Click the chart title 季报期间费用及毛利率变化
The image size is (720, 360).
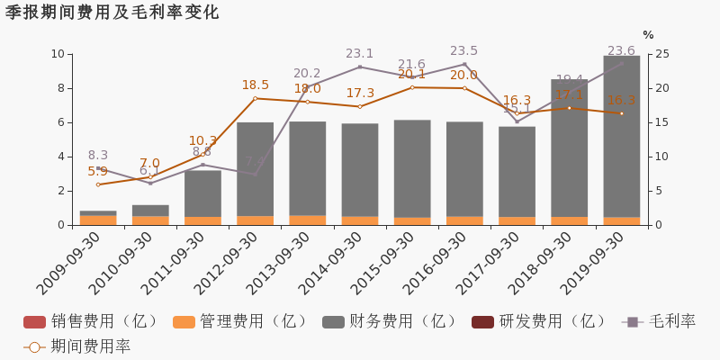[x=112, y=13]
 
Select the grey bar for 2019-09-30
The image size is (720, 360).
[x=621, y=135]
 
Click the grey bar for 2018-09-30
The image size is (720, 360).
[x=569, y=148]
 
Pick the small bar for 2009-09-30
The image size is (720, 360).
[x=98, y=217]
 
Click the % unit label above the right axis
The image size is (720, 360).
[x=647, y=35]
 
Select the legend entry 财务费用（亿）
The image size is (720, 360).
[x=390, y=321]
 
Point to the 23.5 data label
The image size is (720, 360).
[x=463, y=51]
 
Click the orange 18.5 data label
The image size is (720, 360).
[x=255, y=85]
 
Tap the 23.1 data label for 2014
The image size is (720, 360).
[x=359, y=54]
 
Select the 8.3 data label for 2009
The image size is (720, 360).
[x=98, y=156]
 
